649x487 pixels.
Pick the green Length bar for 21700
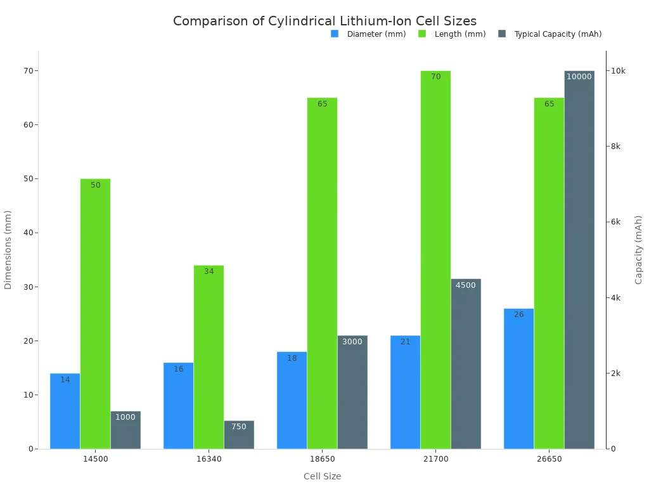435,260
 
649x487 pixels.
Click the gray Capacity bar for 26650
579,260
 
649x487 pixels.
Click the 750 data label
239,427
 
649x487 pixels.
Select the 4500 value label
465,285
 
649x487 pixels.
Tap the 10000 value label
579,77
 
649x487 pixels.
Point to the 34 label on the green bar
209,271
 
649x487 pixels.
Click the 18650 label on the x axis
322,458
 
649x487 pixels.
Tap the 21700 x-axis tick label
435,458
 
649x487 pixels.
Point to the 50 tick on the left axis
28,179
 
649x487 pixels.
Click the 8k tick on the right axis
615,146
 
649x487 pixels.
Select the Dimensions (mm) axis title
8,250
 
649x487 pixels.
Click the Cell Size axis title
322,476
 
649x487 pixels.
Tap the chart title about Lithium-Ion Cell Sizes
324,21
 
